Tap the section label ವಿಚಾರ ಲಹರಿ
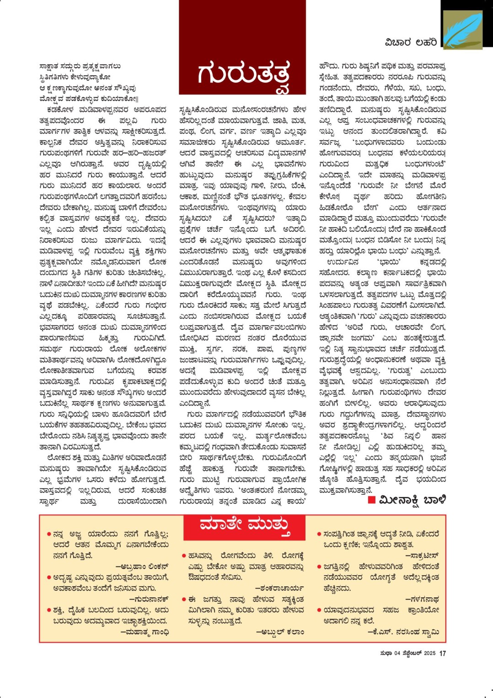pyautogui.click(x=411, y=43)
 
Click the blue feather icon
pyautogui.click(x=462, y=30)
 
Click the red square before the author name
pyautogui.click(x=371, y=500)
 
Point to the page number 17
pyautogui.click(x=442, y=653)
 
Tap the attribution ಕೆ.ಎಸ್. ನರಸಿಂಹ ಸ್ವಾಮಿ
pyautogui.click(x=404, y=632)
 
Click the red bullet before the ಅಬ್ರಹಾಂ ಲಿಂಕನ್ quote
pyautogui.click(x=48, y=534)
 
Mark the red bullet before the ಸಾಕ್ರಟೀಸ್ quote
pyautogui.click(x=319, y=534)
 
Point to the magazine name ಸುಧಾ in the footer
pyautogui.click(x=386, y=653)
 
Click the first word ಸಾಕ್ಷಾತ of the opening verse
pyautogui.click(x=54, y=66)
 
